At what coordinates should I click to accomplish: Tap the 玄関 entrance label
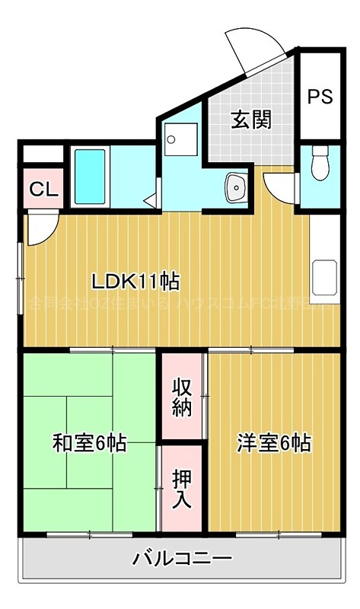pos(250,120)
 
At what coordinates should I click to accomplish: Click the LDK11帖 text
pos(135,281)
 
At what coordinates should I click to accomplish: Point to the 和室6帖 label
pos(89,442)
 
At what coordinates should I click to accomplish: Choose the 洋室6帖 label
pos(273,442)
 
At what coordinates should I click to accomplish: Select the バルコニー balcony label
pos(183,560)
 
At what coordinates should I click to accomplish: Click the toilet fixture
pos(320,161)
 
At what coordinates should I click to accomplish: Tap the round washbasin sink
pos(236,185)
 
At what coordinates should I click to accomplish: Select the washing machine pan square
pos(181,139)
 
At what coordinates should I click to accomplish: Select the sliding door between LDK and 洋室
pos(251,350)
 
